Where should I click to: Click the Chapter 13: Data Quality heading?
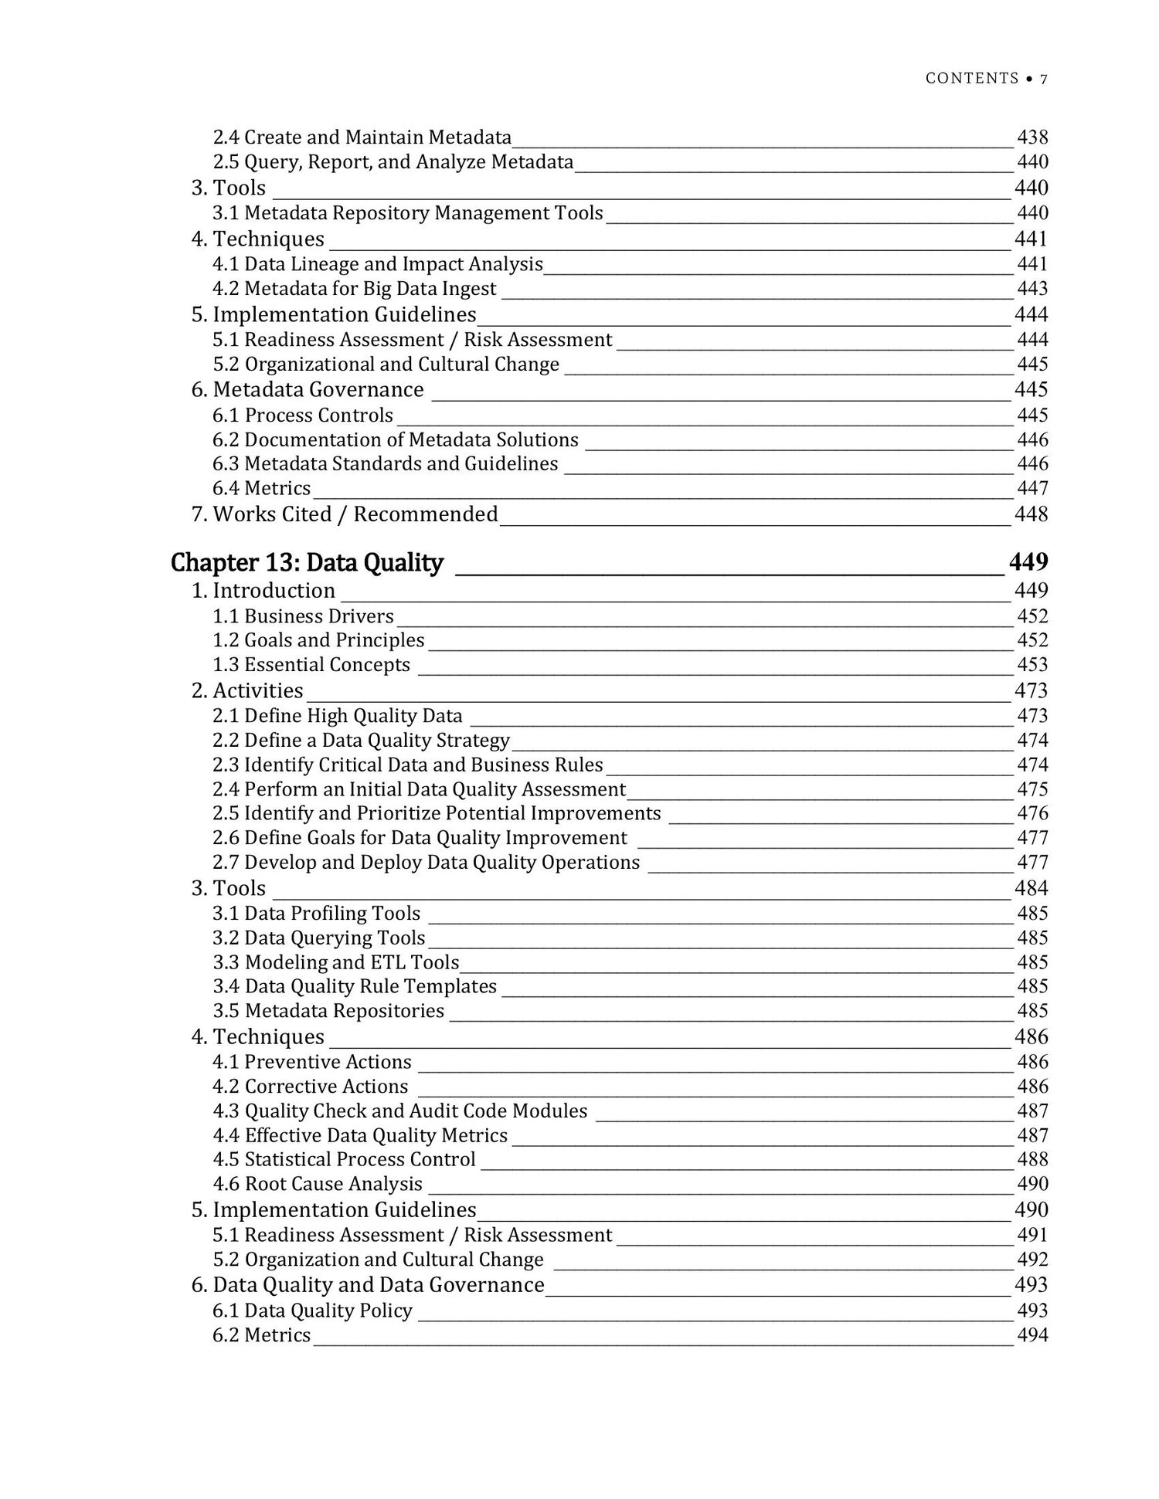307,563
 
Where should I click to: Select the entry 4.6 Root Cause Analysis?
318,1184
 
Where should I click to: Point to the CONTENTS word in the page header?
972,78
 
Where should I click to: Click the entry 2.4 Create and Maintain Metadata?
362,137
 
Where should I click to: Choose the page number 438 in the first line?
1032,137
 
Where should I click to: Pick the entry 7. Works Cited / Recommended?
345,514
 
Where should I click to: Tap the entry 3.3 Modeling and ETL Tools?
336,962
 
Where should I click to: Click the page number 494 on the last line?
1032,1335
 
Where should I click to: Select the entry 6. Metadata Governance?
308,389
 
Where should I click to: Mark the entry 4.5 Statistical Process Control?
344,1159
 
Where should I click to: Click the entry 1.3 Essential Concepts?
311,665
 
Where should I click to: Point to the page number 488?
1032,1159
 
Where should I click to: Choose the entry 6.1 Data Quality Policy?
312,1311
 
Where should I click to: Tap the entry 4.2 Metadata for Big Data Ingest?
355,289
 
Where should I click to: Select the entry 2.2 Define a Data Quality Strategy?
361,741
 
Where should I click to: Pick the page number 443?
1032,289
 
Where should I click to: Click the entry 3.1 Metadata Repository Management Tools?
408,213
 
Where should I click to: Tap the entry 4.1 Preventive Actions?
312,1062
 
